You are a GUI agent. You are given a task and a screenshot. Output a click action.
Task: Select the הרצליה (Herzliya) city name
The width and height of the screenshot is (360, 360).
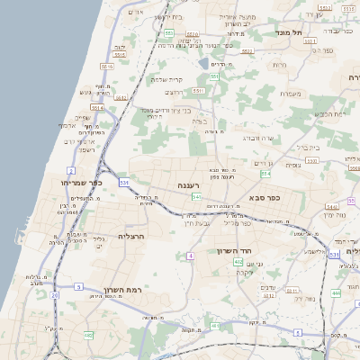tap(131, 235)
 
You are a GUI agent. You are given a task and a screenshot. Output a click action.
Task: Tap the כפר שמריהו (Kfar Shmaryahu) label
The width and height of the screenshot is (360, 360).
tap(85, 183)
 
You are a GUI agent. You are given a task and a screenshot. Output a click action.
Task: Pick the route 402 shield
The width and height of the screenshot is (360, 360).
tap(238, 261)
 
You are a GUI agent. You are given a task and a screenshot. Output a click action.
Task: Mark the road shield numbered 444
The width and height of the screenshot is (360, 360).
tap(335, 292)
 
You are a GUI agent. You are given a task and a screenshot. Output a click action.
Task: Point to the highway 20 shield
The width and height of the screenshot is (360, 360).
tap(55, 294)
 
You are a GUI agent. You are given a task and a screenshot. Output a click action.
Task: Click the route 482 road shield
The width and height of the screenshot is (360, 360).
tap(88, 335)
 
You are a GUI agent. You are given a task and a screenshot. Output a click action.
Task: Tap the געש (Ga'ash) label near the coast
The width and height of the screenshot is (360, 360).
tap(86, 92)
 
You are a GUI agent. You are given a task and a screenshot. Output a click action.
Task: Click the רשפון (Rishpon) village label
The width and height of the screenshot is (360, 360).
tap(85, 149)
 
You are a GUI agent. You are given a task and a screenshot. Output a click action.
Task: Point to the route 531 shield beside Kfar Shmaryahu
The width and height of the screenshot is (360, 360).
tap(123, 183)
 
